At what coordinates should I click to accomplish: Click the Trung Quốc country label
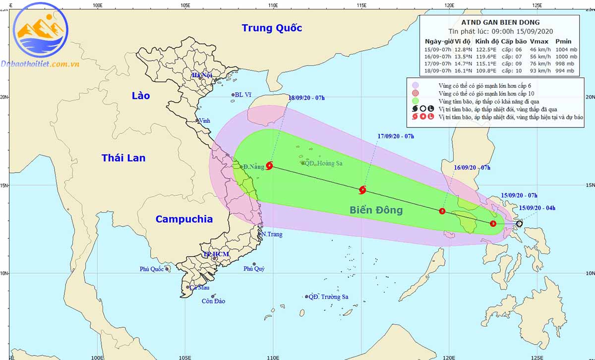[x=272, y=28]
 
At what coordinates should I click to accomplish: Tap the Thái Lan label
[x=123, y=158]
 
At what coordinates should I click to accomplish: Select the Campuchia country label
[x=184, y=219]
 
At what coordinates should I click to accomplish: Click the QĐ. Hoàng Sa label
[x=323, y=163]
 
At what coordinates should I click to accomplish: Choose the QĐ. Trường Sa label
[x=328, y=297]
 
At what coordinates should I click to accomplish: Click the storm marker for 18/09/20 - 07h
[x=269, y=166]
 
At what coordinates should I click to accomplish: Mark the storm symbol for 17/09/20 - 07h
[x=363, y=189]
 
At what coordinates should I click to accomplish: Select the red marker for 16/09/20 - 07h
[x=442, y=211]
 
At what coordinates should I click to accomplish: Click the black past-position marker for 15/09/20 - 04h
[x=519, y=224]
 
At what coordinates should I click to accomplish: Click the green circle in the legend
[x=416, y=101]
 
